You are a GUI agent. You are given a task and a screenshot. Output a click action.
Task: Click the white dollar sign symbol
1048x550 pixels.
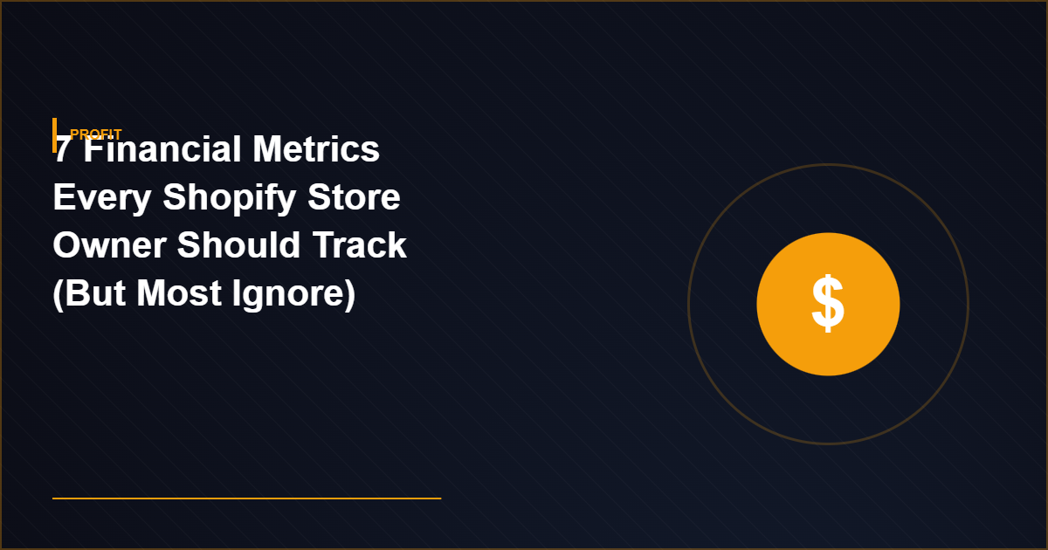pyautogui.click(x=828, y=304)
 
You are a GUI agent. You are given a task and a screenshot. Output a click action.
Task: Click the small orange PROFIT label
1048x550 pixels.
pyautogui.click(x=96, y=134)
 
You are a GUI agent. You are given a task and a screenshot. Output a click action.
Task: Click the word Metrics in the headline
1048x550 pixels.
pyautogui.click(x=316, y=151)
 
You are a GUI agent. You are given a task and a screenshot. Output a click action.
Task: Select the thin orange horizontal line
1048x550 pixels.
pyautogui.click(x=246, y=498)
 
